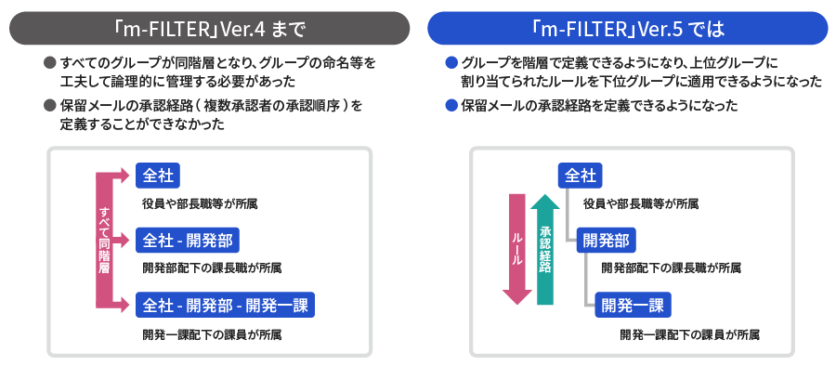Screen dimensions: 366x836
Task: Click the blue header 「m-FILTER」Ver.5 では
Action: pyautogui.click(x=627, y=27)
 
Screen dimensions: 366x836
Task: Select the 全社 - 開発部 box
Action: pyautogui.click(x=189, y=241)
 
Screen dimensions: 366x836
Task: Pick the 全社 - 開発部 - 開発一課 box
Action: pyautogui.click(x=226, y=304)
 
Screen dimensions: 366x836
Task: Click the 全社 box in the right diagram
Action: pyautogui.click(x=581, y=175)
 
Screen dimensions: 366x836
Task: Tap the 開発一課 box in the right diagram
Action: pyautogui.click(x=632, y=304)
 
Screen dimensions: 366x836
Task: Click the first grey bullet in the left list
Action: pyautogui.click(x=50, y=63)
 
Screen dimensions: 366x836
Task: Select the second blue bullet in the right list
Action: pyautogui.click(x=452, y=106)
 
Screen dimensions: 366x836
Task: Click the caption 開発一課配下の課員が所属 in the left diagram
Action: pyautogui.click(x=212, y=333)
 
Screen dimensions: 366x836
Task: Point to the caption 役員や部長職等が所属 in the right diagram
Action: pyautogui.click(x=641, y=203)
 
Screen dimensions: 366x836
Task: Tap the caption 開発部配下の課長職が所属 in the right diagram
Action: pyautogui.click(x=671, y=268)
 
